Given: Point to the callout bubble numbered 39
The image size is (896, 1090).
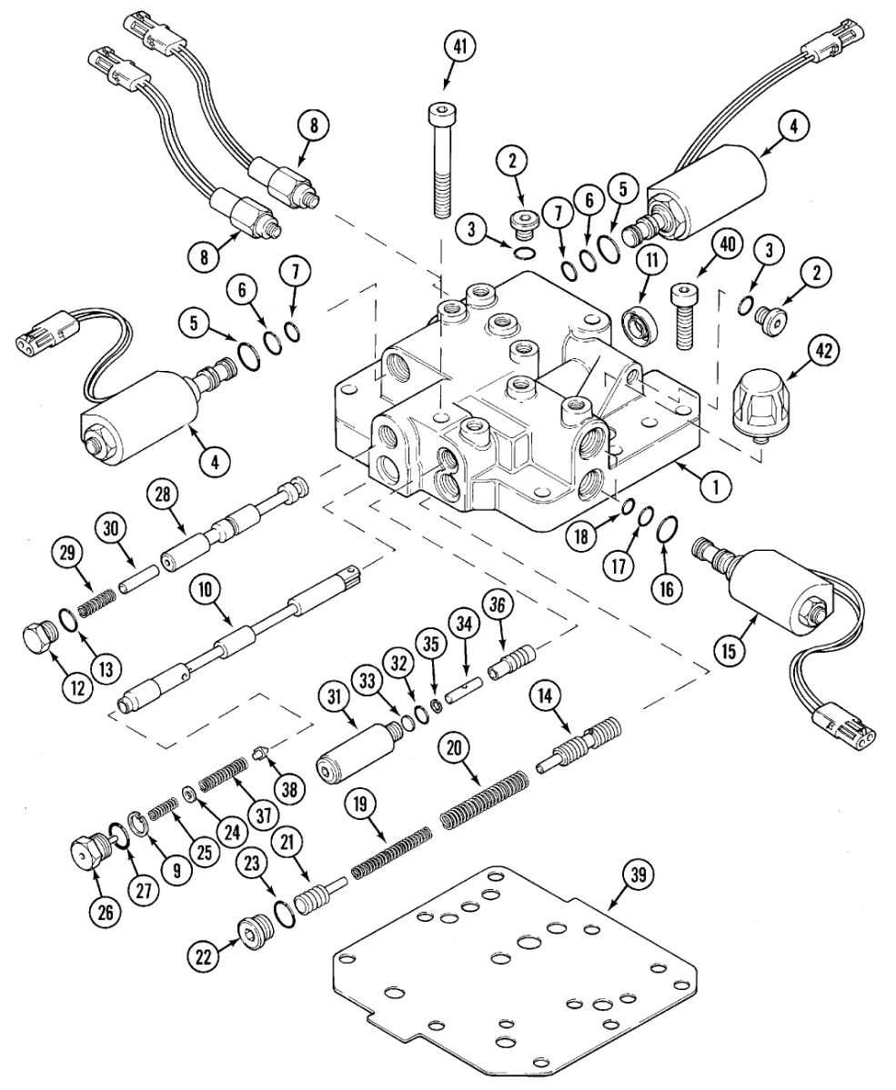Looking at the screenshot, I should [x=637, y=875].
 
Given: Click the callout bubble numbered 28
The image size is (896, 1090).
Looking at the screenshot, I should [x=164, y=495].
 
